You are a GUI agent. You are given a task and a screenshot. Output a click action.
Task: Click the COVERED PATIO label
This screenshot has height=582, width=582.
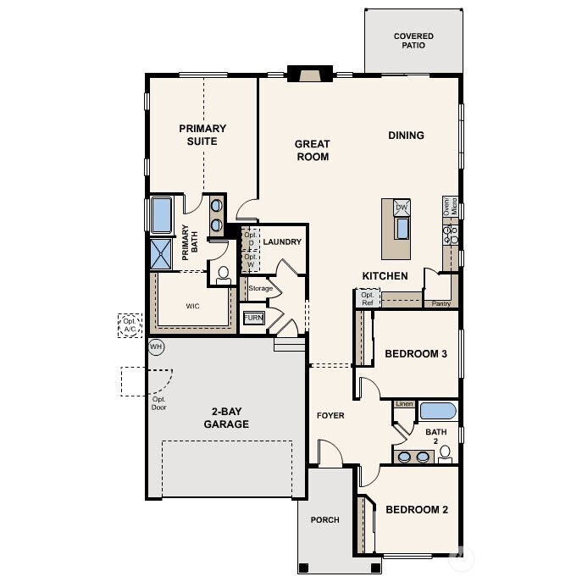(413, 41)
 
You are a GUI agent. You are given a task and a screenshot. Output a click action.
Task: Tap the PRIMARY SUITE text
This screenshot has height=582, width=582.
(202, 135)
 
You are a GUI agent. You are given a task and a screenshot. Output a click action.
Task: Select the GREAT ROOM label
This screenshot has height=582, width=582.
(312, 150)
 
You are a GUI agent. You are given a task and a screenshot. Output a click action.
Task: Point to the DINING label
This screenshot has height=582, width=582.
(406, 136)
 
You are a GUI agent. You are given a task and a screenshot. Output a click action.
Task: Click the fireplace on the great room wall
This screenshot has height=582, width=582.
(308, 75)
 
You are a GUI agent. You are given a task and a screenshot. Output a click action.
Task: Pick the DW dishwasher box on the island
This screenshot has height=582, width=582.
(402, 208)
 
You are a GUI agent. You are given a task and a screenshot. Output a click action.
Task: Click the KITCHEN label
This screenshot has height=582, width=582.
(385, 276)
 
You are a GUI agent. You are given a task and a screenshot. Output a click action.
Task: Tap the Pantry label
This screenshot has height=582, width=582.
(441, 302)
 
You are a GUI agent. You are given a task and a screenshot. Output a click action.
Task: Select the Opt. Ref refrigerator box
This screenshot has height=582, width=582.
(367, 298)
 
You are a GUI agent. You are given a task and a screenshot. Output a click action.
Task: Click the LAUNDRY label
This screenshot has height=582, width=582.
(282, 242)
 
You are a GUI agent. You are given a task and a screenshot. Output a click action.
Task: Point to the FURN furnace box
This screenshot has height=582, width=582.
(253, 318)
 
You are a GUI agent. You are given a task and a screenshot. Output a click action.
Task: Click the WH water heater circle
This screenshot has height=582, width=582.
(156, 346)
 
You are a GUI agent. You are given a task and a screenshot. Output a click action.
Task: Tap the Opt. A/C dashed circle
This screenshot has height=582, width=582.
(130, 325)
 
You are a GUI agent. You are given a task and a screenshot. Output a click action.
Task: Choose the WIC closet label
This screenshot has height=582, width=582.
(192, 306)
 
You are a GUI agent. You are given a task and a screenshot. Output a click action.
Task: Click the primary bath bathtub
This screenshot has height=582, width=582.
(160, 214)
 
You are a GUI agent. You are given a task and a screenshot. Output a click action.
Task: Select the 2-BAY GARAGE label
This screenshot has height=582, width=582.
(225, 418)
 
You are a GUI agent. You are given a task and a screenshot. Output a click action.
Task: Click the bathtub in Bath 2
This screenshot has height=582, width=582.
(438, 412)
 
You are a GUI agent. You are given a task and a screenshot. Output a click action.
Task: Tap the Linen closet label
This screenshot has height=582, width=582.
(404, 404)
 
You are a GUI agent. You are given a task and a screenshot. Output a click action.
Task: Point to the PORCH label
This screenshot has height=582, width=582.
(324, 520)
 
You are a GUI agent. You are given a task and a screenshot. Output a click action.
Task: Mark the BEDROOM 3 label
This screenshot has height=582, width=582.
(416, 353)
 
